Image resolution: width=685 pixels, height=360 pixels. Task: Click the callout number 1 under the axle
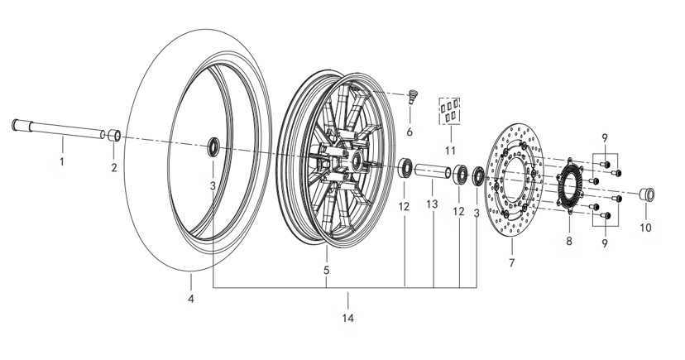[x=61, y=161]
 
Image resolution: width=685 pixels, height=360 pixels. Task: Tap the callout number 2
[x=114, y=167]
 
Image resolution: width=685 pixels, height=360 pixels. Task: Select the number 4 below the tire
[x=191, y=299]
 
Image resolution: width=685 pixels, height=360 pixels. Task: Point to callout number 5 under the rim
[x=326, y=271]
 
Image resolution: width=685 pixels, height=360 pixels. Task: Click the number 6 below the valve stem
[x=410, y=132]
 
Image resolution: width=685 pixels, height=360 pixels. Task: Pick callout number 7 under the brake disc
[x=511, y=262]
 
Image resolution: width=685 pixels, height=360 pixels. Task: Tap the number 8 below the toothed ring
[x=569, y=241]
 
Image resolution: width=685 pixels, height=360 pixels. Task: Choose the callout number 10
[x=645, y=228]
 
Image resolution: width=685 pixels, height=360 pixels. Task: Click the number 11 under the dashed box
[x=450, y=151]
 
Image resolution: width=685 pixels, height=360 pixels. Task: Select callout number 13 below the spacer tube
[x=432, y=204]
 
